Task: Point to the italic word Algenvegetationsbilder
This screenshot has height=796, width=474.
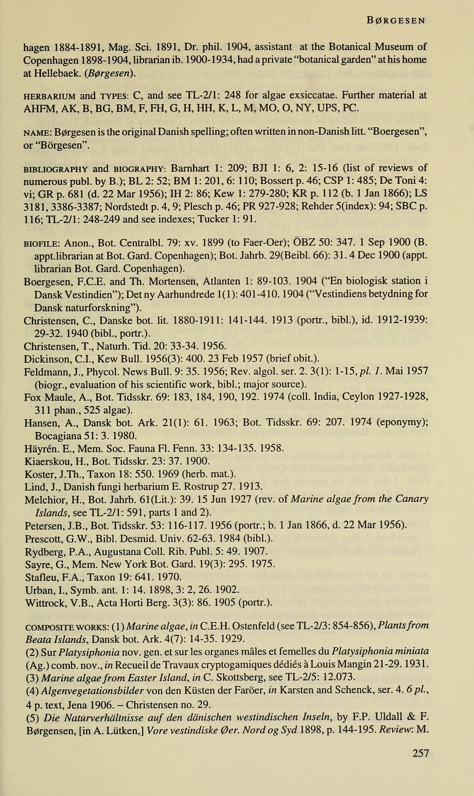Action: pyautogui.click(x=93, y=690)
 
